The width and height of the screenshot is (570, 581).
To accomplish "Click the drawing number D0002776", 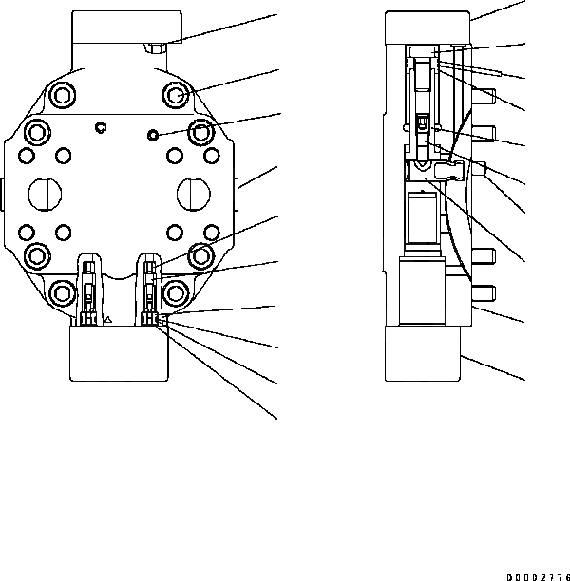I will [537, 575].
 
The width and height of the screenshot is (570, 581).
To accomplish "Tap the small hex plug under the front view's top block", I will [156, 45].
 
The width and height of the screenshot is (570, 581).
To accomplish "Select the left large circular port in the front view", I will [45, 197].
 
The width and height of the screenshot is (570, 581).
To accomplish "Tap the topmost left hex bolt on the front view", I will [64, 94].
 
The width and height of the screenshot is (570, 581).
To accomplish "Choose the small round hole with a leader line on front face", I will [152, 136].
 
